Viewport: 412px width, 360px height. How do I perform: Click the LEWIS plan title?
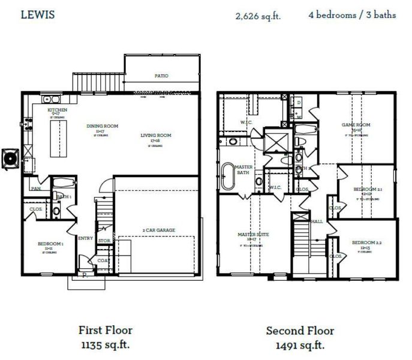point(38,14)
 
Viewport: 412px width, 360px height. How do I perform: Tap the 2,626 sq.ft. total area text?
point(258,16)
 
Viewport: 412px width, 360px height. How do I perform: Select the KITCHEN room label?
point(58,110)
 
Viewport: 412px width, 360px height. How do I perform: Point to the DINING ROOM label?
point(102,126)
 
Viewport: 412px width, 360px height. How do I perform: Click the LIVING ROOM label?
point(156,136)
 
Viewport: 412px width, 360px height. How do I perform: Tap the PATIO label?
point(161,76)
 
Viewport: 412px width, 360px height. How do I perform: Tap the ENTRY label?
point(85,238)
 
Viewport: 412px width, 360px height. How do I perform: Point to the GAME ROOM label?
point(356,125)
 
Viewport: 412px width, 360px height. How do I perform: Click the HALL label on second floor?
point(316,221)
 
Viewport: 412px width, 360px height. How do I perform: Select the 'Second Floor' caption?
point(300,331)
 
